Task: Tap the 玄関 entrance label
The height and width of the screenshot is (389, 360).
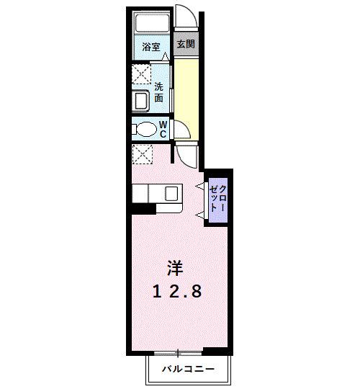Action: [x=185, y=44]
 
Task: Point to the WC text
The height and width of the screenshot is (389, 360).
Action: [x=163, y=130]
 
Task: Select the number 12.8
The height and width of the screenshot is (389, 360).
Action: [x=176, y=292]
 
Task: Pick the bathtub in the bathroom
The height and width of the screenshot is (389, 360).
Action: [x=152, y=24]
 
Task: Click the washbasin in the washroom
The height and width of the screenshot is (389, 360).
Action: [x=141, y=99]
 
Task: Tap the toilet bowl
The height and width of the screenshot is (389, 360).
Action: [x=145, y=130]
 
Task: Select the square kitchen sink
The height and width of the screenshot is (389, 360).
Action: [x=171, y=193]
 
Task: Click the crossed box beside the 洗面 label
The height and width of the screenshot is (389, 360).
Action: [x=140, y=74]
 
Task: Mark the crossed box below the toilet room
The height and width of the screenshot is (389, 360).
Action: [x=143, y=153]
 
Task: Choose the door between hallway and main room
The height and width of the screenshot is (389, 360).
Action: [x=188, y=153]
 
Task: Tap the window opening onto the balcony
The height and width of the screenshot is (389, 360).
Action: [x=177, y=352]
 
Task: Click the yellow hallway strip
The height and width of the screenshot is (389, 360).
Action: [x=186, y=86]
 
